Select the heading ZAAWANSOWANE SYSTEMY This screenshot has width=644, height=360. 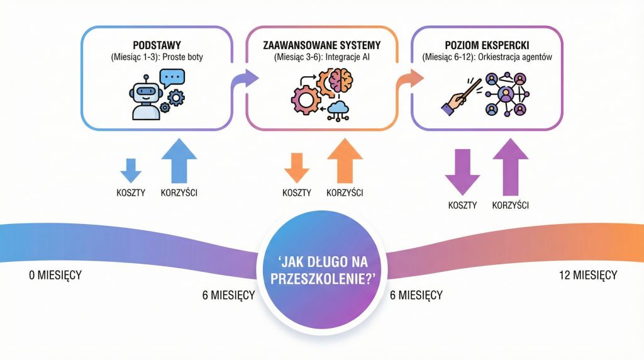(x=322, y=47)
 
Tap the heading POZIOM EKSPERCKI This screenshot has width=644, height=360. (x=487, y=47)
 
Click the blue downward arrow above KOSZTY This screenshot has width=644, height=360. (x=130, y=169)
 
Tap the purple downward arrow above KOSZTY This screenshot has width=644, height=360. (x=462, y=169)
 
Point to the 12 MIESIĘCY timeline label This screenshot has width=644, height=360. (x=587, y=275)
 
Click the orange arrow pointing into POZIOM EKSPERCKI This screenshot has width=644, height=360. (x=411, y=79)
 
